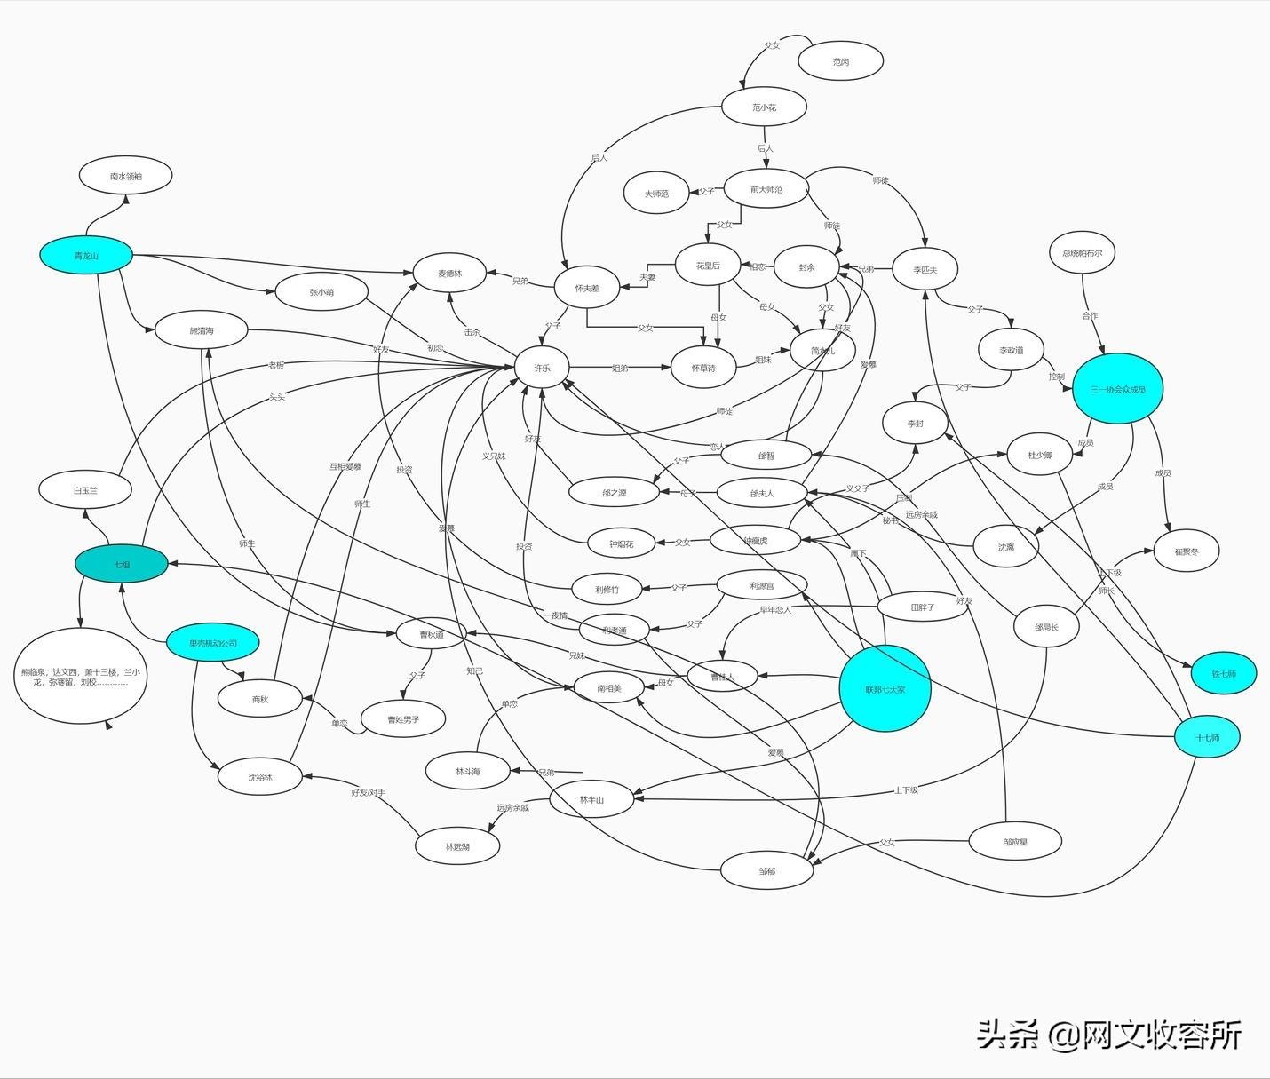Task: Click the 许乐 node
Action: click(542, 368)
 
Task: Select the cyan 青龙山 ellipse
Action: click(86, 256)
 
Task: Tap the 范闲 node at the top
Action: click(840, 62)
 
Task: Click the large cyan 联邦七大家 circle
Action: click(885, 688)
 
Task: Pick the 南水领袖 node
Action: click(125, 176)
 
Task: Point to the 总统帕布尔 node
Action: click(1082, 253)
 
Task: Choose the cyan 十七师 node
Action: click(1207, 737)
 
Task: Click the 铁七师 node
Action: click(1223, 673)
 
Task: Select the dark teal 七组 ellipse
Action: click(122, 564)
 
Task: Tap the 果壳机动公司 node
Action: click(213, 643)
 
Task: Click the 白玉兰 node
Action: click(85, 490)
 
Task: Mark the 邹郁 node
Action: click(766, 871)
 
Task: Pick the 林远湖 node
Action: click(457, 846)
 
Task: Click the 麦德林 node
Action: click(449, 274)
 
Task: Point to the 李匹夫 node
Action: click(925, 269)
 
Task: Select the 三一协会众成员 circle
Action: click(1117, 389)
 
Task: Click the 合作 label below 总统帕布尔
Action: click(1090, 315)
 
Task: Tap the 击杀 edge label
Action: click(472, 332)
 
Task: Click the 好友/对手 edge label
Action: click(368, 791)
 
